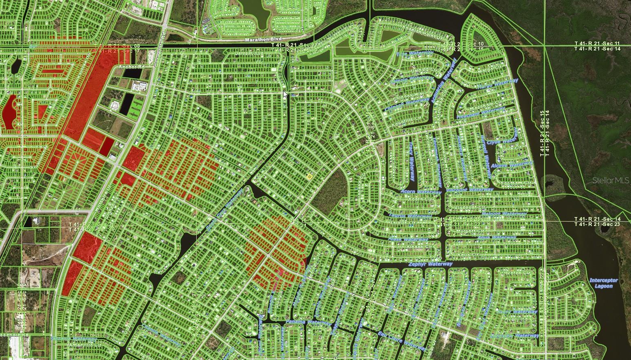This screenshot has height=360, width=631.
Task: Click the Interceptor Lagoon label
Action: pyautogui.click(x=603, y=283)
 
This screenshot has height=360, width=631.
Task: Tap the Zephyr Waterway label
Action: pyautogui.click(x=430, y=264)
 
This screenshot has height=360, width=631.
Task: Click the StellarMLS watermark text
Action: pyautogui.click(x=610, y=180)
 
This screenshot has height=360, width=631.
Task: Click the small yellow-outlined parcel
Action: pyautogui.click(x=309, y=177)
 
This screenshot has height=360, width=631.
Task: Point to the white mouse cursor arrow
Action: pyautogui.click(x=285, y=94)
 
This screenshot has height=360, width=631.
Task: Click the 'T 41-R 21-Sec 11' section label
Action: pyautogui.click(x=597, y=43)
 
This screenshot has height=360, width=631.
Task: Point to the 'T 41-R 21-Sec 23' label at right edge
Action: pyautogui.click(x=597, y=224)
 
